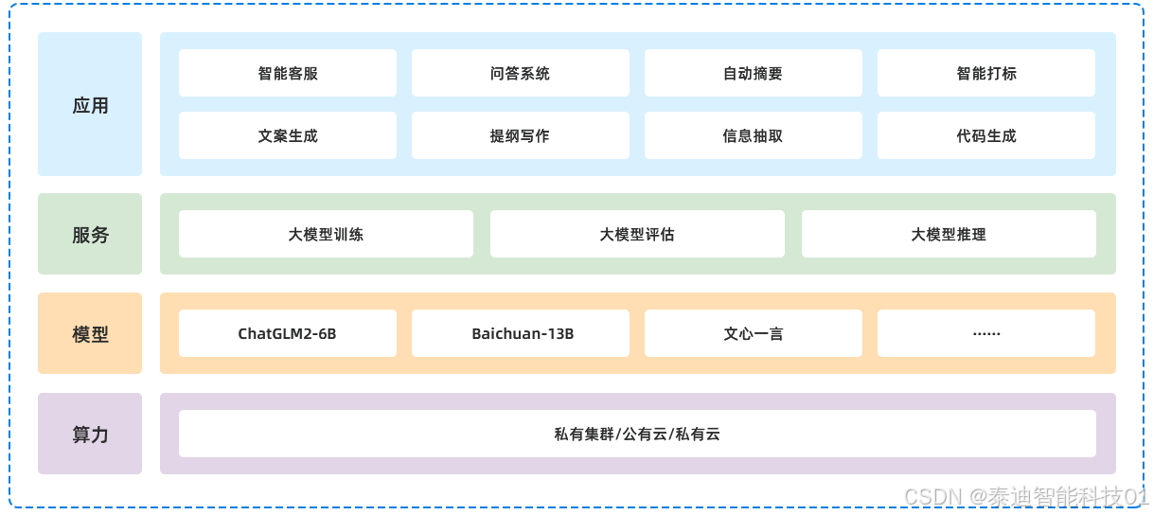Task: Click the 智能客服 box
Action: pos(287,73)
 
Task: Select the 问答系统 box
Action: pos(520,73)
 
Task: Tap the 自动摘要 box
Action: pos(753,73)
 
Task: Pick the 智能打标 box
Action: pos(985,73)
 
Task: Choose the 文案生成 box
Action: pos(287,135)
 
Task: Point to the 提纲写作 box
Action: pos(520,135)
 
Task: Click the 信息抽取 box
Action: pos(753,135)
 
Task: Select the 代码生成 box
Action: pos(985,135)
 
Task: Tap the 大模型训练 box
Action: pos(326,234)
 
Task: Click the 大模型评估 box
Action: pos(637,234)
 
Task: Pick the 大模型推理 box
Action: pos(949,234)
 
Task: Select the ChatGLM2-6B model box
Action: pos(287,333)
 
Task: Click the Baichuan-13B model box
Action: pos(520,333)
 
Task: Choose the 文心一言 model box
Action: pos(753,333)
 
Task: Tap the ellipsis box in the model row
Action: pos(985,333)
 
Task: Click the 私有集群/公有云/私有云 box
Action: pos(637,434)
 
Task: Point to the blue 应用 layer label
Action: pos(90,104)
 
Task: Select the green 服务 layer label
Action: pos(90,234)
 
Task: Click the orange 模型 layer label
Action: pos(90,333)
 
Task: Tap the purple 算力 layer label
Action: pos(90,434)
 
